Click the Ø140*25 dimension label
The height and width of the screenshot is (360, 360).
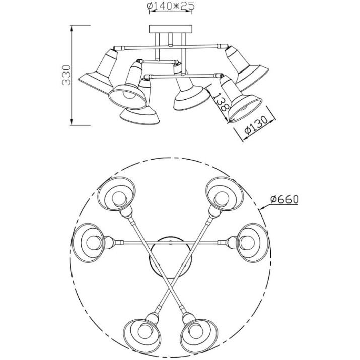tap(170, 6)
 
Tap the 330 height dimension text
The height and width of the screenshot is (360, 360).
tap(66, 75)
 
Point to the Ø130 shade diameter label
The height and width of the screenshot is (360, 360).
tap(256, 125)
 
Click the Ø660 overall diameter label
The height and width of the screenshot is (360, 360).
tap(284, 199)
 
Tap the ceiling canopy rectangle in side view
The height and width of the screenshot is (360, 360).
tap(170, 29)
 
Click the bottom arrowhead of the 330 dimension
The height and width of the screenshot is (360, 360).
tap(72, 122)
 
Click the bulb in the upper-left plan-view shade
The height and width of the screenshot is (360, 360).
tap(119, 198)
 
